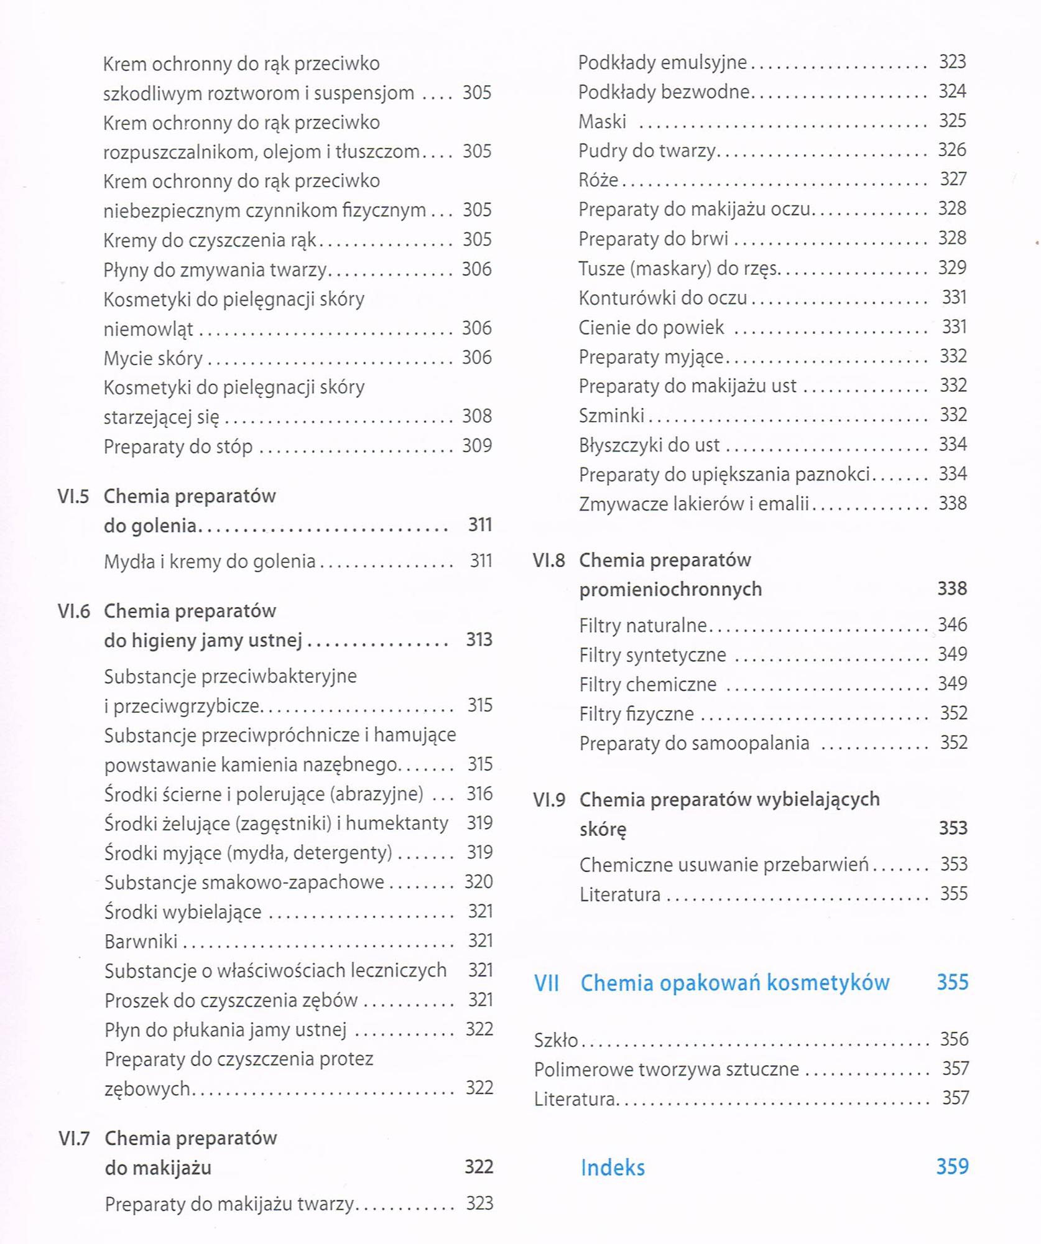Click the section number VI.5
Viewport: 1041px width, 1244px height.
coord(73,496)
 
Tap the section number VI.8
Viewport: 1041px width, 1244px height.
coord(548,560)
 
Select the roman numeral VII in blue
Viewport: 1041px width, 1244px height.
coord(547,983)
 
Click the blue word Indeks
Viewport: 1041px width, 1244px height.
coord(613,1167)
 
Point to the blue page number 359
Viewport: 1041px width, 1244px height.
coord(952,1166)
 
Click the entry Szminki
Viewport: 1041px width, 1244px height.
coord(611,415)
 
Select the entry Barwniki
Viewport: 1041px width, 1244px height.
coord(141,942)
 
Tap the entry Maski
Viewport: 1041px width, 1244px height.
coord(602,121)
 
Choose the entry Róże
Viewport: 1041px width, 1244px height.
coord(598,180)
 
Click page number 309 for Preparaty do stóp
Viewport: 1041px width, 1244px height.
coord(477,446)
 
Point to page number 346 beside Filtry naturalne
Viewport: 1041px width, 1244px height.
coord(953,624)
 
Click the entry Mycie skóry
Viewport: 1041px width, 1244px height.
coord(153,358)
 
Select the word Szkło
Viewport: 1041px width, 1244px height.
coord(556,1040)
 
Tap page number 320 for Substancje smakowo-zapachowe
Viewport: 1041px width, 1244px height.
coord(478,882)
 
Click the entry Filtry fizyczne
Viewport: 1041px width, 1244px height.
coord(636,713)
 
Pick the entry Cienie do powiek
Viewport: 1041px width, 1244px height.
coord(651,327)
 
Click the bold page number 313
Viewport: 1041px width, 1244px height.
coord(479,640)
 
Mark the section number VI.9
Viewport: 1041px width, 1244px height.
coord(549,800)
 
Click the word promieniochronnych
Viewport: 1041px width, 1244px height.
coord(670,589)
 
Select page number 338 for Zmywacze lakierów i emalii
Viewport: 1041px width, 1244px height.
coord(953,503)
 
